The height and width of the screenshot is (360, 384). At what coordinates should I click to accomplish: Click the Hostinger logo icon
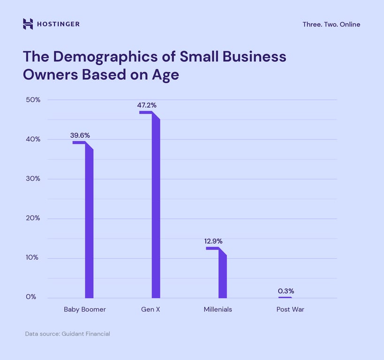(28, 24)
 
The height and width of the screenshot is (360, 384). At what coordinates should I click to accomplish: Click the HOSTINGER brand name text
(58, 24)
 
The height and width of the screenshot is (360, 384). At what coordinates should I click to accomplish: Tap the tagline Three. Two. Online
(331, 24)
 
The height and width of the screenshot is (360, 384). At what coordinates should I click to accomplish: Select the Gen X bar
(156, 206)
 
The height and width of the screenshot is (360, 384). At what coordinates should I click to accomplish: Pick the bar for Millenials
(223, 274)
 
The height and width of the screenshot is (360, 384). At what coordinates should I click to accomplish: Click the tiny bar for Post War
(285, 297)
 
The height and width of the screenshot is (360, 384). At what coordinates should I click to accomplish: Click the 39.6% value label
(80, 135)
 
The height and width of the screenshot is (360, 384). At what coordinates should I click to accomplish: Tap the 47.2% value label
(147, 105)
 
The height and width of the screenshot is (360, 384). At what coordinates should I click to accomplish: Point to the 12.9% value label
(213, 241)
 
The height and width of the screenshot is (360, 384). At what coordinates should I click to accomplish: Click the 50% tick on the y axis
(33, 100)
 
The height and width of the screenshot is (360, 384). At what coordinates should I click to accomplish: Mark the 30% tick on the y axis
(33, 179)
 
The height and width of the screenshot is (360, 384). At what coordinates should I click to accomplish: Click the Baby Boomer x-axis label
(85, 309)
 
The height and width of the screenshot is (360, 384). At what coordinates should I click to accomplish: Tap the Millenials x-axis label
(218, 309)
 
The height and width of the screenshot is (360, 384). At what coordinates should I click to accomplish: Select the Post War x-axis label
(290, 309)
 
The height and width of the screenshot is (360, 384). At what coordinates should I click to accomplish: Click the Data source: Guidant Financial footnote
(68, 334)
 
